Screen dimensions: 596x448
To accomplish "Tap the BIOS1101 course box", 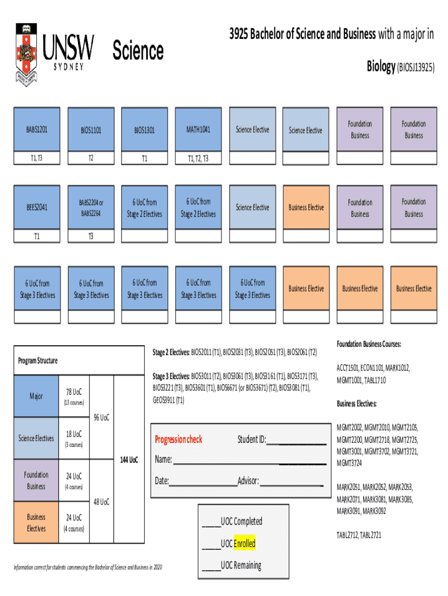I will (91, 130).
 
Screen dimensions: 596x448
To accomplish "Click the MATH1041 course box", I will (198, 129).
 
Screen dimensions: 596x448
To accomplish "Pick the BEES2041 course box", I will (37, 207).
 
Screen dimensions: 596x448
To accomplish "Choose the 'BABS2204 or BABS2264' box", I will (91, 208).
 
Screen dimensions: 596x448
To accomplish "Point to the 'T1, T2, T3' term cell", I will (198, 158).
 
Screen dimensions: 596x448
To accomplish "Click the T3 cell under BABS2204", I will (91, 236).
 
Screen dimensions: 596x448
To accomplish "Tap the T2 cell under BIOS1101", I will (91, 158).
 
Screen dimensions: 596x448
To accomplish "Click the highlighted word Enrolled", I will (244, 544).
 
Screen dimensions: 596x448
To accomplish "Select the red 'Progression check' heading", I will (179, 439).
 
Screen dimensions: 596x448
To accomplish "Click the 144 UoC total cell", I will (129, 460).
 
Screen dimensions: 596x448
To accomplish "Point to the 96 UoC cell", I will (102, 417).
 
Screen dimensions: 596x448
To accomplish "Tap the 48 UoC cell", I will (102, 501).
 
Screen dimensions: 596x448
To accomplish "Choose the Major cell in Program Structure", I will (36, 396).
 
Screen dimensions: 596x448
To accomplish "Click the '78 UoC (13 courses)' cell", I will (74, 396).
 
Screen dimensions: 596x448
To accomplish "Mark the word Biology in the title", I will (381, 66).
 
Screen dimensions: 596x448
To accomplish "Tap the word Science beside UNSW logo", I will (138, 51).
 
